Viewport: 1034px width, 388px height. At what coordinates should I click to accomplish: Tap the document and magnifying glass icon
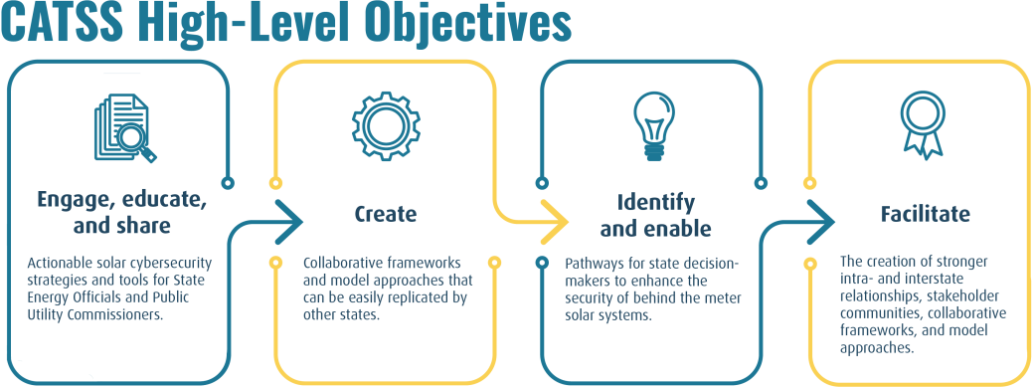point(123,126)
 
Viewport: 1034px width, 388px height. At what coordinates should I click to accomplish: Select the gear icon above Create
point(385,126)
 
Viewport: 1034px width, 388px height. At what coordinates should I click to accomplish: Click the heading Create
point(386,214)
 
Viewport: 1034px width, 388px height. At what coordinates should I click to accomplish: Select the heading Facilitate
point(925,214)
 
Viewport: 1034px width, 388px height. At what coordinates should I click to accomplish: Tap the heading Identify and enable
point(655,215)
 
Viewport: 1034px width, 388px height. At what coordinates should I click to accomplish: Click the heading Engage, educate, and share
point(122,212)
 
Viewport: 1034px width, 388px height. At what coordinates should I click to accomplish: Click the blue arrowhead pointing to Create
point(287,221)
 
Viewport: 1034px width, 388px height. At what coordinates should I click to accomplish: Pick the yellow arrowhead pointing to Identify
point(553,221)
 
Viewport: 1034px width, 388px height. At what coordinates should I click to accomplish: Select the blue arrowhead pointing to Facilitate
point(821,221)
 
